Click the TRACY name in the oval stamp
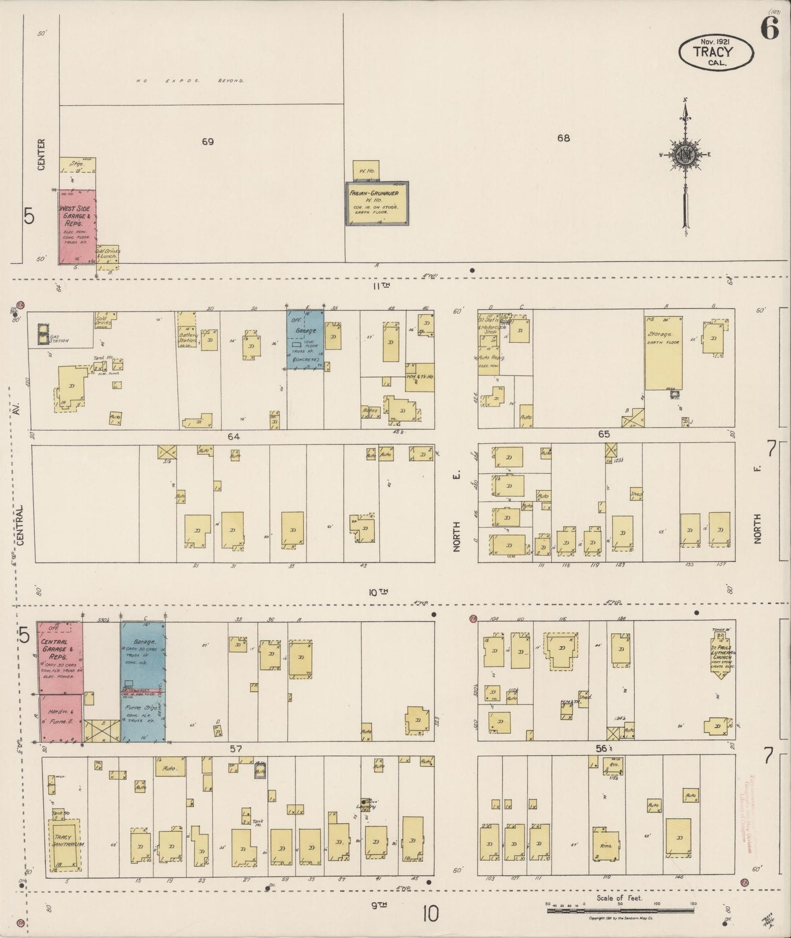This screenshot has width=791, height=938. click(713, 52)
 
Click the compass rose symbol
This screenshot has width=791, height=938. click(685, 155)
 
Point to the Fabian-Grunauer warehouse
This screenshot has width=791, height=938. click(377, 202)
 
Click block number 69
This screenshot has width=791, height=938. click(207, 142)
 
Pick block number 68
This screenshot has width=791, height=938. click(563, 138)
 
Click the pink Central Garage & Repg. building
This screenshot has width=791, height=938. click(60, 657)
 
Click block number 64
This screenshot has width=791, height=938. click(234, 437)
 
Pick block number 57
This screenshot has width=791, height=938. click(236, 749)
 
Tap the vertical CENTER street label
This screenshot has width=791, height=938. click(42, 154)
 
